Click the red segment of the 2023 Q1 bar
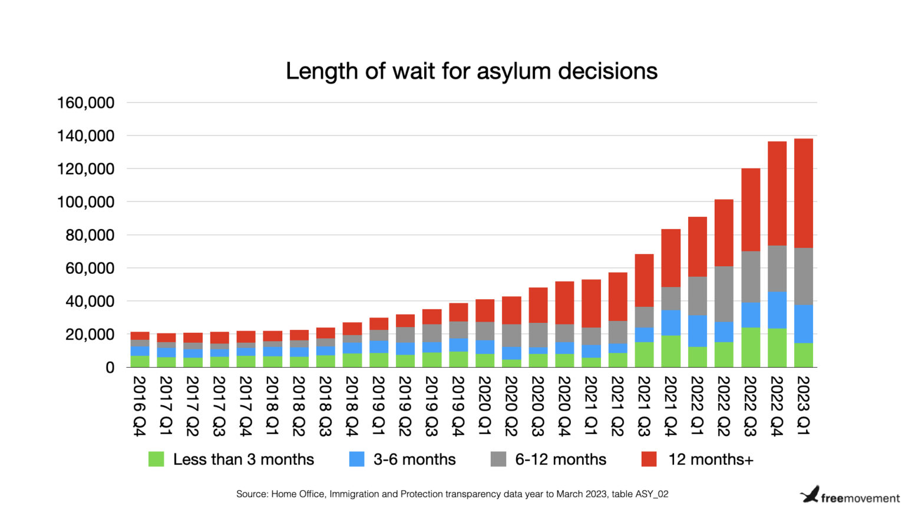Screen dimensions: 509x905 [x=803, y=193]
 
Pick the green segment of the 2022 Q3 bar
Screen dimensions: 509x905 [x=750, y=348]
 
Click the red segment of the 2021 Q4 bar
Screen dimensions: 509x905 [x=671, y=258]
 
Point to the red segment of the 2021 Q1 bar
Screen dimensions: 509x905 [x=591, y=303]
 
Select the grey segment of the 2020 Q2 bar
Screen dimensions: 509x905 [x=511, y=336]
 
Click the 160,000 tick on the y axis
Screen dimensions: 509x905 [x=85, y=103]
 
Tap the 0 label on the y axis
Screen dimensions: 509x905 [x=110, y=368]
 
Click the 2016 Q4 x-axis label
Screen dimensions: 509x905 [x=139, y=406]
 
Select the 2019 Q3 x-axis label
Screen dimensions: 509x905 [x=431, y=406]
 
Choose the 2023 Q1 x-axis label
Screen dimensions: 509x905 [x=803, y=406]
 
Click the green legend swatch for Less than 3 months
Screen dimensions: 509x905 [x=156, y=459]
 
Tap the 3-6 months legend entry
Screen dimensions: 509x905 [x=414, y=460]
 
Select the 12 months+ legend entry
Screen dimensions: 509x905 [x=710, y=460]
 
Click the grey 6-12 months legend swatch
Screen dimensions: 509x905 [x=498, y=459]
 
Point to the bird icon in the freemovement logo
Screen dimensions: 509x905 [x=810, y=494]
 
